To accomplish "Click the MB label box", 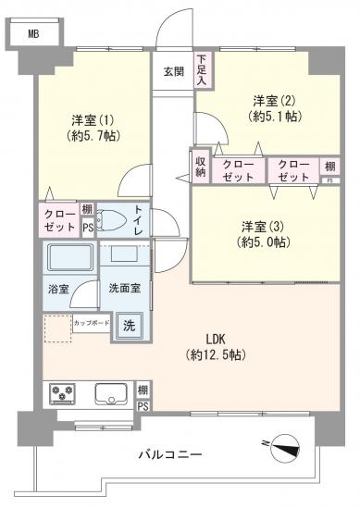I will (x=33, y=34).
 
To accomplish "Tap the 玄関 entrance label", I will (x=173, y=72).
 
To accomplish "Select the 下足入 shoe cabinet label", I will (x=201, y=71).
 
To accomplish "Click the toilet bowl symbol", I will (x=112, y=221).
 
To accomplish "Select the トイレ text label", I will (x=138, y=220).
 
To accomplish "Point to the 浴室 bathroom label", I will (x=58, y=289).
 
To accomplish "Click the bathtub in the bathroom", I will (x=68, y=257).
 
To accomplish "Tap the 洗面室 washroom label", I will (x=124, y=289).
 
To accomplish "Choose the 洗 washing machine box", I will (x=130, y=325).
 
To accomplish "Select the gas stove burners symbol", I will (x=64, y=394).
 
